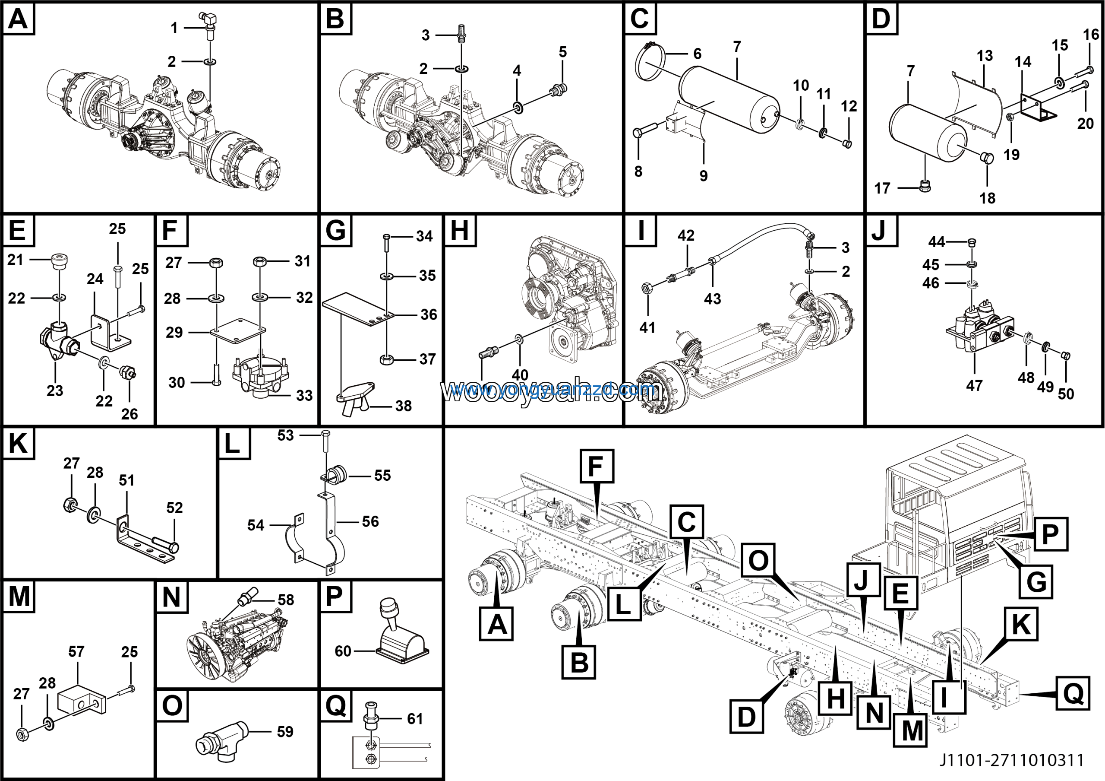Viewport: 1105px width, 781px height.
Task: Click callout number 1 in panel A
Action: tap(174, 28)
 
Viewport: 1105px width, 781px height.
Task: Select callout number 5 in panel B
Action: tap(562, 52)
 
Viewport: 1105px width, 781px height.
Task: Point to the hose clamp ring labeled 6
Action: tap(650, 63)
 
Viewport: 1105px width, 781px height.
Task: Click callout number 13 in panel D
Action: tap(985, 56)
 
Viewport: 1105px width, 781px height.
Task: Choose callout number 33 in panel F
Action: tap(304, 395)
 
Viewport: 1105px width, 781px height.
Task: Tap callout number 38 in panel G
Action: tap(403, 406)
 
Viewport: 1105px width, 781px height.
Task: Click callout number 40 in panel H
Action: tap(520, 375)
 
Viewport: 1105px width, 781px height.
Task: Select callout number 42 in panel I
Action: tap(686, 235)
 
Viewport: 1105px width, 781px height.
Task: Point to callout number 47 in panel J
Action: tap(974, 385)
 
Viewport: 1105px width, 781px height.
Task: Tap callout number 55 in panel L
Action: tap(382, 475)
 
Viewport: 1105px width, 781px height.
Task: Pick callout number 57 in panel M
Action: tap(76, 651)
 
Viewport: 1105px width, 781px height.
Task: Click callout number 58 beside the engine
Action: tap(286, 600)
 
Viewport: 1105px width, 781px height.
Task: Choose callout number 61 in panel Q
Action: tap(415, 718)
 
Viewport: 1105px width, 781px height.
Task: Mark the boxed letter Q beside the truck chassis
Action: tap(1073, 693)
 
